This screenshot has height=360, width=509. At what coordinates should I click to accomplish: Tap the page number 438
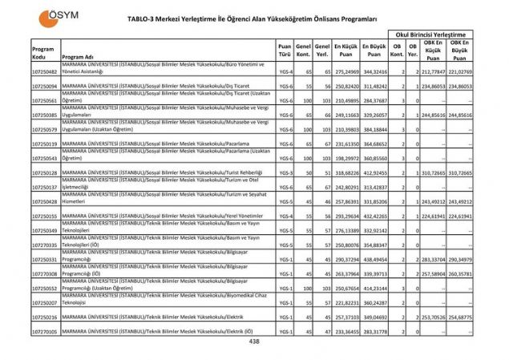point(255,342)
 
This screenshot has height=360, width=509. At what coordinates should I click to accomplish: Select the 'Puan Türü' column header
point(285,52)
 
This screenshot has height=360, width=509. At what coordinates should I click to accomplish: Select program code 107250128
point(45,172)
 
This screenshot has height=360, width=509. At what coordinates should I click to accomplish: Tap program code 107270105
point(45,330)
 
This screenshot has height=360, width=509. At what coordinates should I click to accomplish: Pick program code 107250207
point(45,303)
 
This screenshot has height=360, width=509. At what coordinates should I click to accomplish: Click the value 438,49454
point(374,260)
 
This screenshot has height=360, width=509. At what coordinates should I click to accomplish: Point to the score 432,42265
point(374,216)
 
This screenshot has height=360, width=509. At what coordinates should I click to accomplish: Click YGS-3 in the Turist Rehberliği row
point(285,172)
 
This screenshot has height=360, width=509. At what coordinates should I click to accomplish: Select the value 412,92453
point(374,172)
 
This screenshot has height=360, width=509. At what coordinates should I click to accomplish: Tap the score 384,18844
point(374,129)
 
